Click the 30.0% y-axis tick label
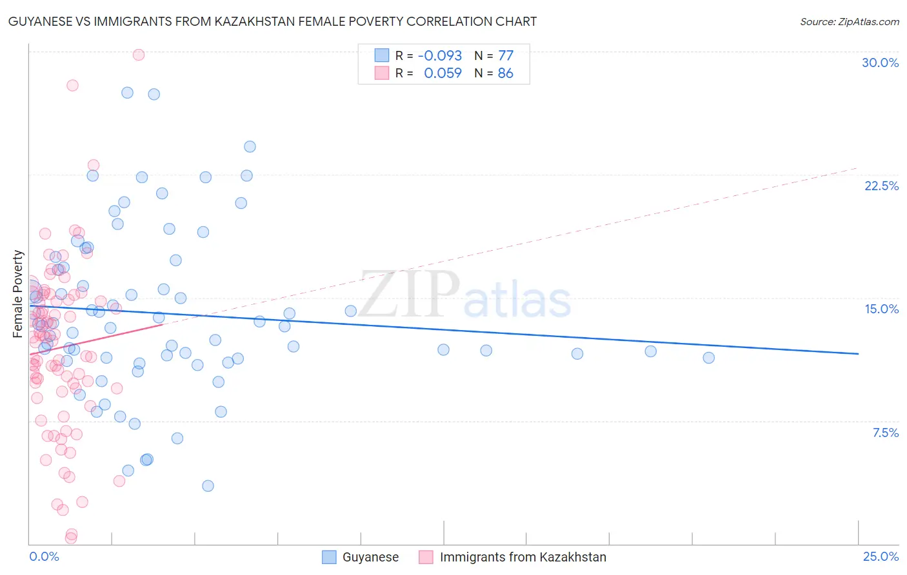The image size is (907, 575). pyautogui.click(x=880, y=63)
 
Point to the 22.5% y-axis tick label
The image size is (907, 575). pyautogui.click(x=881, y=186)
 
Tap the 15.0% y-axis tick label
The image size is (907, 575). pyautogui.click(x=881, y=309)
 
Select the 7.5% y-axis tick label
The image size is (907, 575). pyautogui.click(x=885, y=433)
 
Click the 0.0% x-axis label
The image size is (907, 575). pyautogui.click(x=44, y=556)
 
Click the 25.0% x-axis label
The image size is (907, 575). pyautogui.click(x=880, y=556)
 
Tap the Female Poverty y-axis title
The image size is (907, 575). pyautogui.click(x=18, y=294)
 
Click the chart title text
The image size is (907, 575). pyautogui.click(x=272, y=21)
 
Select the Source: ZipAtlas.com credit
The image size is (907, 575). pyautogui.click(x=849, y=21)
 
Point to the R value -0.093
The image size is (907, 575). pyautogui.click(x=440, y=55)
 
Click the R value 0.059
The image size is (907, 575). pyautogui.click(x=443, y=73)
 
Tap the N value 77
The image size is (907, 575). pyautogui.click(x=505, y=55)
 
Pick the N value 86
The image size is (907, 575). pyautogui.click(x=505, y=73)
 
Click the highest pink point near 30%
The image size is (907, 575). pyautogui.click(x=138, y=55)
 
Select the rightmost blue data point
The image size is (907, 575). pyautogui.click(x=708, y=358)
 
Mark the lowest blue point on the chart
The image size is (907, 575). pyautogui.click(x=208, y=485)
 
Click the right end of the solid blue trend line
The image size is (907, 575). pyautogui.click(x=858, y=353)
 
